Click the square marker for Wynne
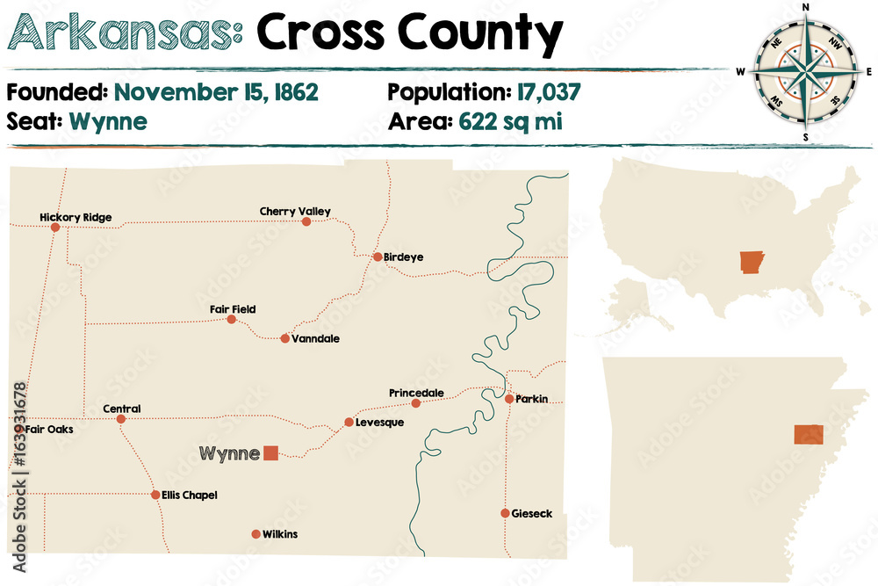pos(270,453)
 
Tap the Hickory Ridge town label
pos(76,217)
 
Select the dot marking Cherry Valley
pos(306,222)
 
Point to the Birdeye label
pos(403,257)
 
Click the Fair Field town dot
pos(232,320)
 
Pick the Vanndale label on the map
pos(317,339)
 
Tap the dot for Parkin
pos(509,399)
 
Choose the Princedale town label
pos(416,393)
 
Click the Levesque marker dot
pos(349,423)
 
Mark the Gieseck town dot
pos(505,513)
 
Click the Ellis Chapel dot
pos(155,495)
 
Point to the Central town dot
pos(121,419)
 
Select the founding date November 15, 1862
pos(216,91)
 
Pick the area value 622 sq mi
pos(510,120)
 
